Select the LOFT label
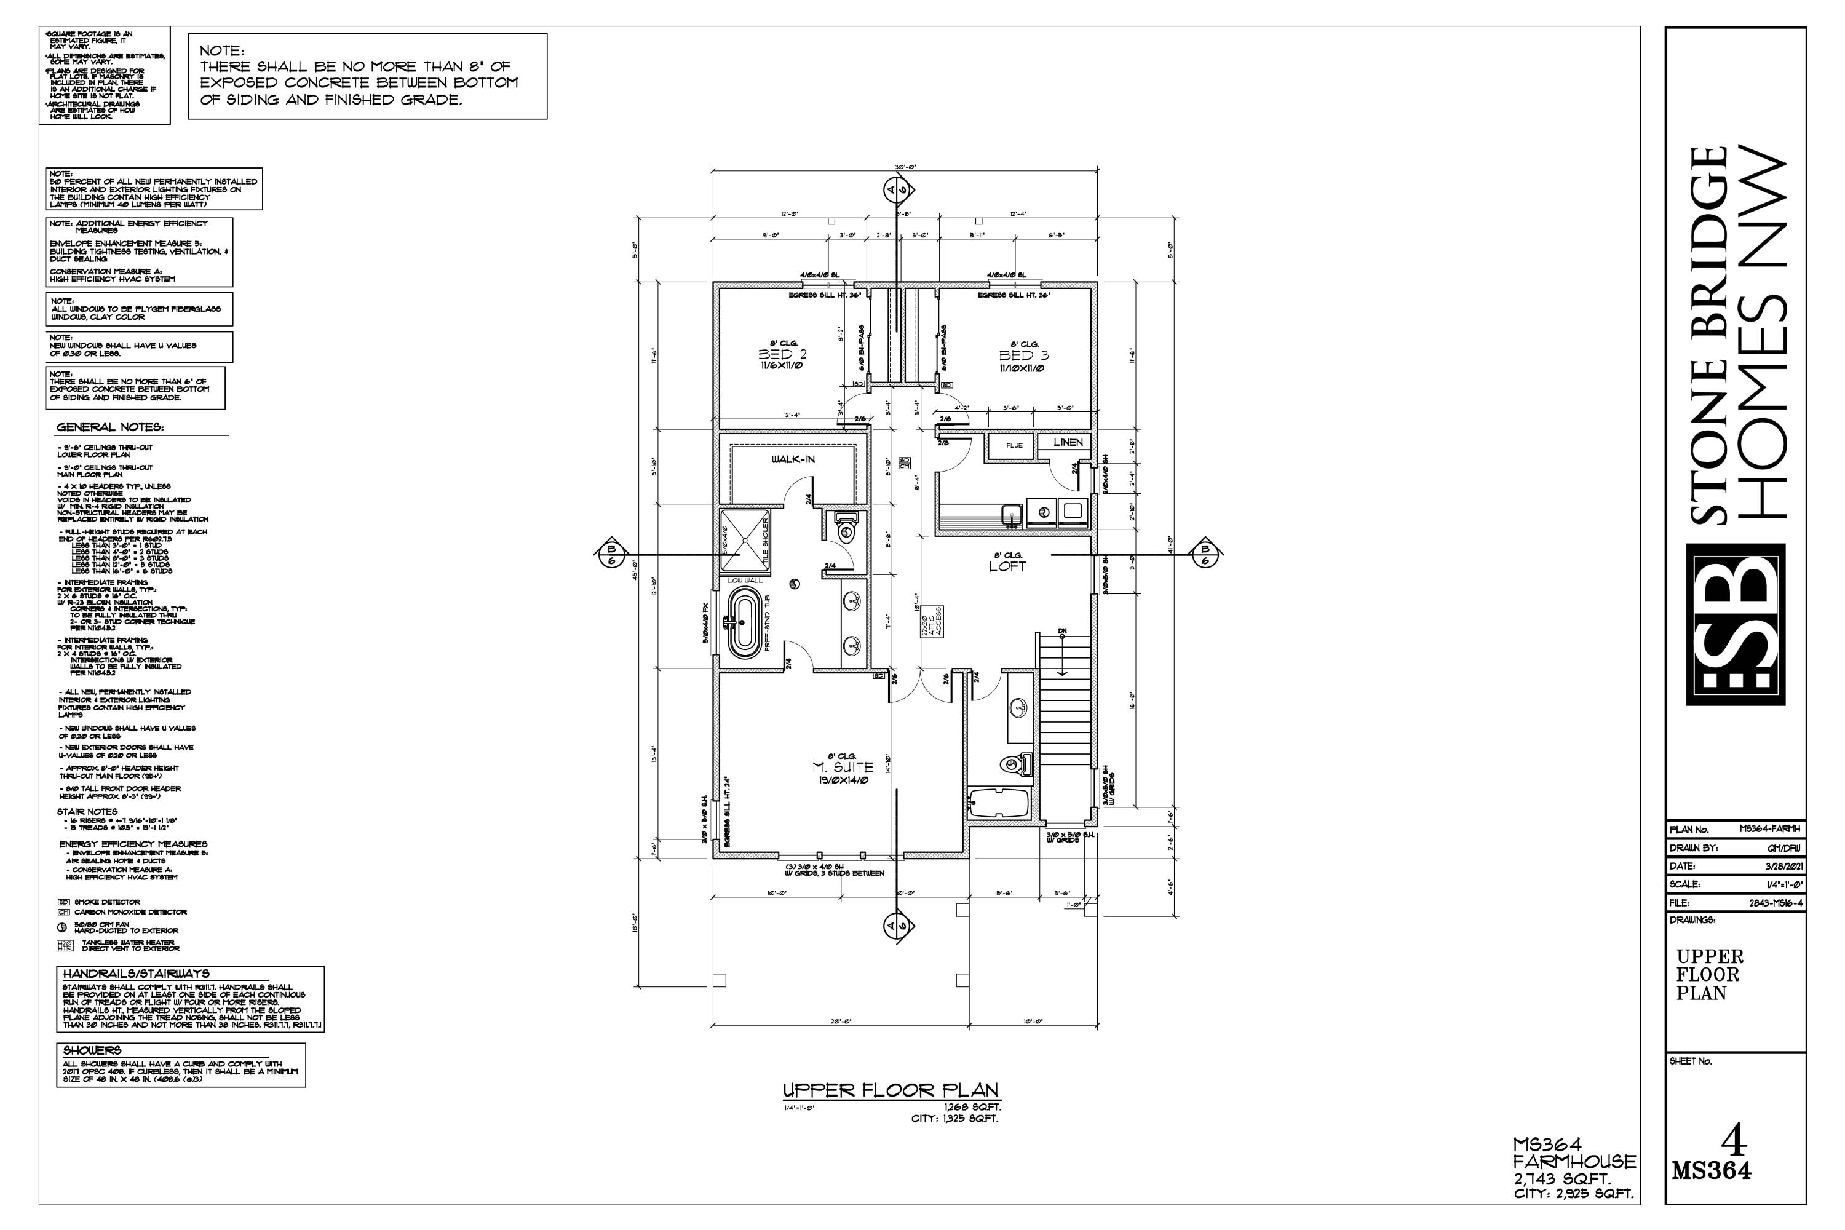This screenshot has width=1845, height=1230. tap(1007, 566)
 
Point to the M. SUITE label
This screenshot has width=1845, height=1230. tap(843, 767)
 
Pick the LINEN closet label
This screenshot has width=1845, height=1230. tap(1068, 442)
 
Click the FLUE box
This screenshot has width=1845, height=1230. tap(1014, 445)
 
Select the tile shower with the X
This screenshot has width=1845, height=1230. tap(742, 540)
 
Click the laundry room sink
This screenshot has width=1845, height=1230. tap(1012, 514)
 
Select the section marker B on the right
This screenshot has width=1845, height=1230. tap(1204, 554)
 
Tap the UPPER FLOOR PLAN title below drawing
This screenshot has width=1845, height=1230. tap(891, 1090)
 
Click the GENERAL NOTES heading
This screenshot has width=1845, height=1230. tap(110, 427)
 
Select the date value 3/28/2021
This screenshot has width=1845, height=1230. tap(1785, 866)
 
